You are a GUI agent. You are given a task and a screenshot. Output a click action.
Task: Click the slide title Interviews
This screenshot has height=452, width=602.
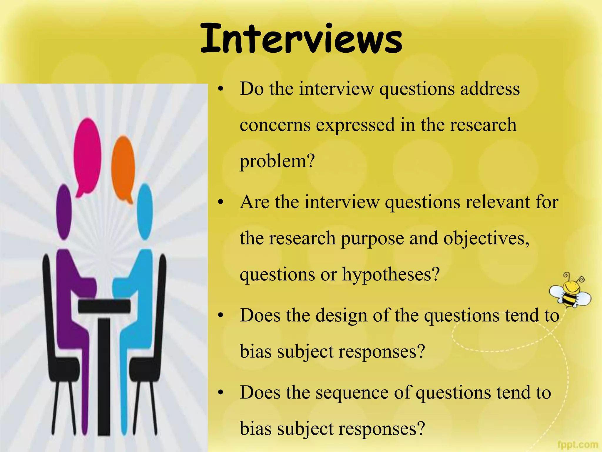pyautogui.click(x=301, y=39)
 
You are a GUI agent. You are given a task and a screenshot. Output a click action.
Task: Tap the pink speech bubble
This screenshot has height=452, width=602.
pyautogui.click(x=87, y=153)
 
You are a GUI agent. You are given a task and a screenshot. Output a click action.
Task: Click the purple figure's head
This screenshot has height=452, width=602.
pyautogui.click(x=64, y=211)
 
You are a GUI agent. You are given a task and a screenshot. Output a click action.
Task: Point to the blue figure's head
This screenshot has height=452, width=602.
pyautogui.click(x=145, y=211)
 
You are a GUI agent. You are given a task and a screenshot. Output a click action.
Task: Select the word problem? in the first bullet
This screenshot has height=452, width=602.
pyautogui.click(x=277, y=161)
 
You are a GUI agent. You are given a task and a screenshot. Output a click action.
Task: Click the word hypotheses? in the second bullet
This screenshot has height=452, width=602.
pyautogui.click(x=391, y=274)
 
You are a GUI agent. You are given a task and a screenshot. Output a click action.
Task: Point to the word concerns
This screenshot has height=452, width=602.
pyautogui.click(x=275, y=125)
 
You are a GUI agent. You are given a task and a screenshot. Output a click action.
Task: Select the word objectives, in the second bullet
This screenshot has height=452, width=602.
pyautogui.click(x=486, y=238)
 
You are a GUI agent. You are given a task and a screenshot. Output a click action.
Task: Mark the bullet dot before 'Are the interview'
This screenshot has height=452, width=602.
pyautogui.click(x=221, y=202)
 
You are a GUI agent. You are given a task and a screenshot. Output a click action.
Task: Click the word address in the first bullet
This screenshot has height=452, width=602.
pyautogui.click(x=490, y=89)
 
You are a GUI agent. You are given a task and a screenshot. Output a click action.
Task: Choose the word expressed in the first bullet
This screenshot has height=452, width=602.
pyautogui.click(x=355, y=125)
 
